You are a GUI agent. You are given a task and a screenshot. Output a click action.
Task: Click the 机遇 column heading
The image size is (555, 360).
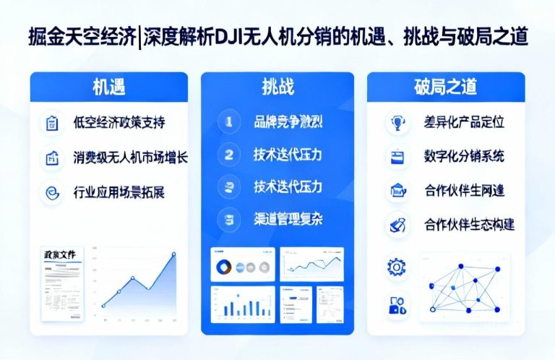[108, 87]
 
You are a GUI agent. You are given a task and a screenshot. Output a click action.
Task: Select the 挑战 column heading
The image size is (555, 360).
[277, 87]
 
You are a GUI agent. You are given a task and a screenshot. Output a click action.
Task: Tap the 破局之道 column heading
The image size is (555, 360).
[445, 87]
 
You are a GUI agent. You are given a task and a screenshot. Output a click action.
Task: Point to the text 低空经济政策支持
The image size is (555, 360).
[119, 123]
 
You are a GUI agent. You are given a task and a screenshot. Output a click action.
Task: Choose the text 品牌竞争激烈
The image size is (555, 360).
[288, 122]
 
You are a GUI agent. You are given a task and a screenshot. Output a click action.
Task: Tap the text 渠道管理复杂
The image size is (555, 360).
[288, 218]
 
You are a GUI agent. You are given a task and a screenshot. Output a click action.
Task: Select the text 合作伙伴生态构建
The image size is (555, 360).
[469, 225]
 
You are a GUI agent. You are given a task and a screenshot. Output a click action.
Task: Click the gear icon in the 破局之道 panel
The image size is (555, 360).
[397, 267]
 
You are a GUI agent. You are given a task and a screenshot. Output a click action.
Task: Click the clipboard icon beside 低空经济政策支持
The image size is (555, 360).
[53, 123]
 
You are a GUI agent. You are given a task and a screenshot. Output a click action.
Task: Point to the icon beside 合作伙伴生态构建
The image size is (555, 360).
[397, 225]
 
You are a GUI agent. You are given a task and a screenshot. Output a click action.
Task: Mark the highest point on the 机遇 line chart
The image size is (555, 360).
[174, 254]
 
